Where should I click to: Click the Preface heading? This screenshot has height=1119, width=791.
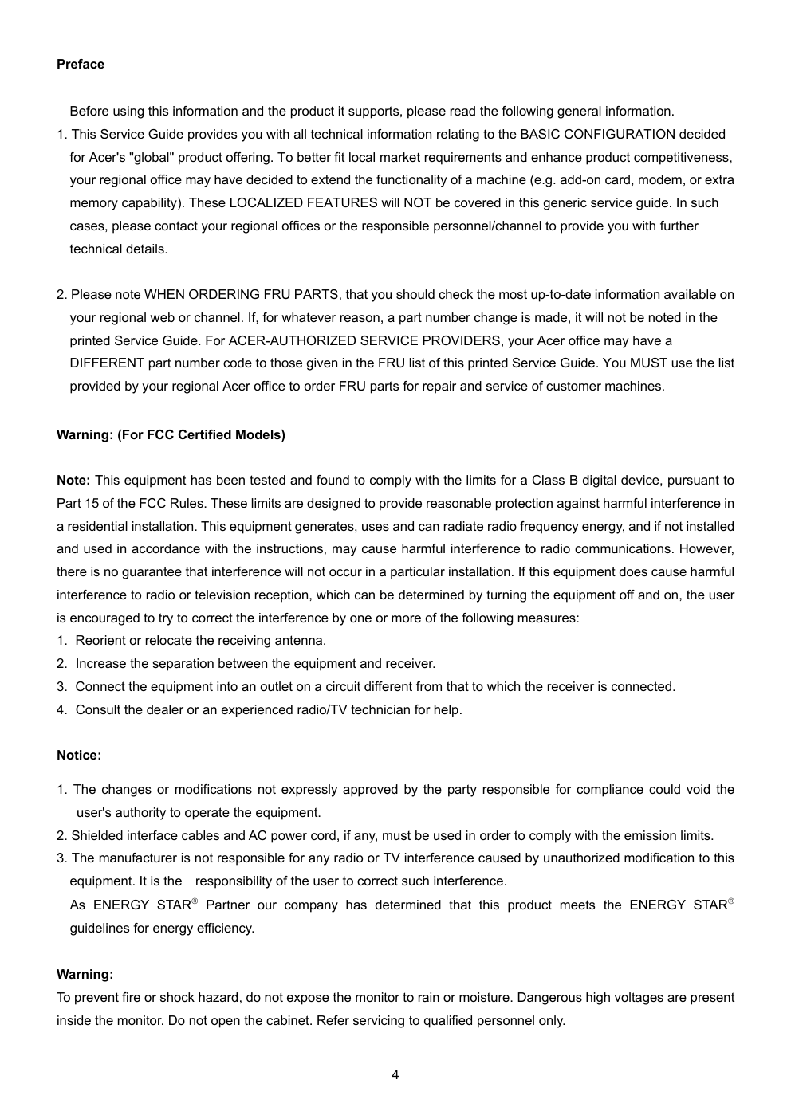[80, 65]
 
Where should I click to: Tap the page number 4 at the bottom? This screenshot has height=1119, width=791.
[395, 1075]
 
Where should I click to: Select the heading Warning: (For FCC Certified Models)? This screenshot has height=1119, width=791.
[171, 435]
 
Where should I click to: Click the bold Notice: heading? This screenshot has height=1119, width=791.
[79, 756]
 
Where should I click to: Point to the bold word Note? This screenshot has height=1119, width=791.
[73, 481]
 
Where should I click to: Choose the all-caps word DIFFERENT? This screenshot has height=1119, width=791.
[107, 363]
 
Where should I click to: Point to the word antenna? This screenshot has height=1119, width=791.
[301, 641]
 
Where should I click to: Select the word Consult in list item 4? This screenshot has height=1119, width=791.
[98, 709]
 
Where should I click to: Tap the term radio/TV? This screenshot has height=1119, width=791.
[321, 709]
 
